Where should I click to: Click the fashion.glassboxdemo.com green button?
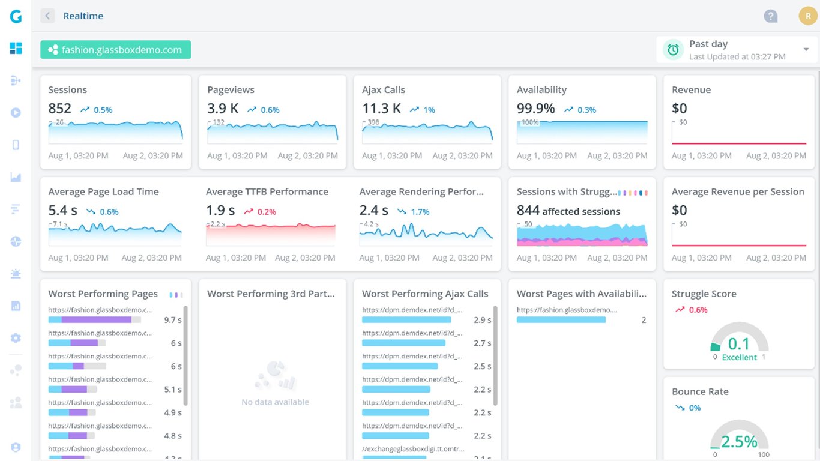pos(115,50)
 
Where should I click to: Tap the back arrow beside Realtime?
pos(47,16)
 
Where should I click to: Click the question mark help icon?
pos(770,16)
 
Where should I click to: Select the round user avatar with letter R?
pos(807,16)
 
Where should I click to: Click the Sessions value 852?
pos(59,109)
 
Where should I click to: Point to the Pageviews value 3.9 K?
pos(223,109)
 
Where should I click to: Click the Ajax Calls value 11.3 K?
pos(381,109)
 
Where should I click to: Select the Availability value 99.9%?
pos(535,109)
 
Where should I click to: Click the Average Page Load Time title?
pos(103,192)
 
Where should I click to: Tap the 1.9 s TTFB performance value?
pos(220,211)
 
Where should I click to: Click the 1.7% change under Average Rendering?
pos(420,212)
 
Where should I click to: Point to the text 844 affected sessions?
pos(568,211)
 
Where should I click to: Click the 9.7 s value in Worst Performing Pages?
pos(172,320)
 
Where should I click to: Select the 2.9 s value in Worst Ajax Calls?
pos(482,320)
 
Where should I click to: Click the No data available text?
pos(275,402)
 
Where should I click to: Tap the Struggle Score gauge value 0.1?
pos(738,344)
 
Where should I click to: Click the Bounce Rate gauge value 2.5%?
pos(739,442)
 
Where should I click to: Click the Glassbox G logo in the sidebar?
pos(16,17)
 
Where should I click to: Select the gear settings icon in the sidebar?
pos(16,338)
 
